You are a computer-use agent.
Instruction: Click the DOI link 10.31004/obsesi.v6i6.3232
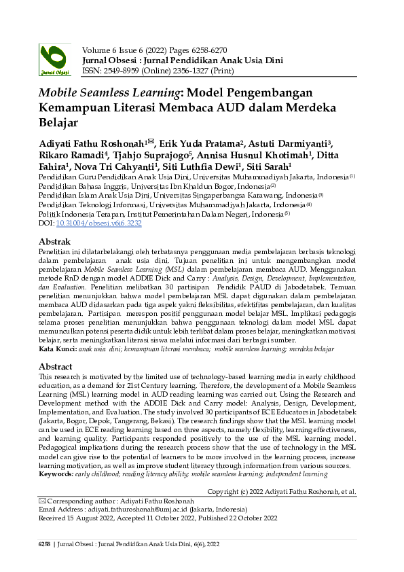(x=91, y=222)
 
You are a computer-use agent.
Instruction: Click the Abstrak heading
(x=55, y=241)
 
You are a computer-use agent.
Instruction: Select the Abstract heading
(x=56, y=367)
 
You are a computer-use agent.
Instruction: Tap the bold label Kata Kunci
(x=56, y=348)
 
